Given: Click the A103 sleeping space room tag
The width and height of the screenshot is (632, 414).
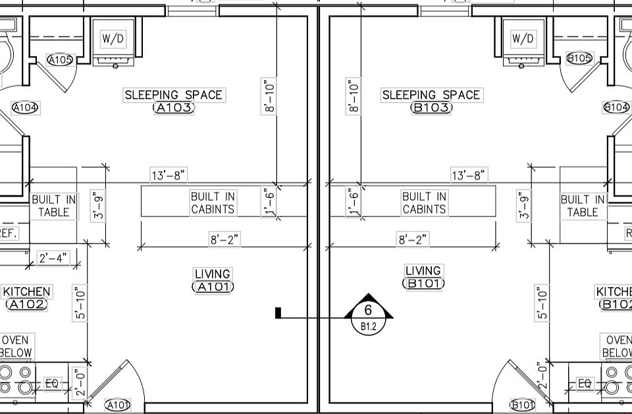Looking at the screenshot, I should point(174,108).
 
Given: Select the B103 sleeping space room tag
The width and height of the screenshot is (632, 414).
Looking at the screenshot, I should point(431,108).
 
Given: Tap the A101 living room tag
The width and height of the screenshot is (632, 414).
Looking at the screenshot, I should point(213,287).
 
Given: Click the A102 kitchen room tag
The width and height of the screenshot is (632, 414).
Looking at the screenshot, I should point(26,304).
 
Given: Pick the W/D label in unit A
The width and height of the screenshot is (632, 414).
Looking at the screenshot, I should point(113,39).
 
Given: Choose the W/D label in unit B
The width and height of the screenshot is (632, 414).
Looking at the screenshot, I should point(523,39).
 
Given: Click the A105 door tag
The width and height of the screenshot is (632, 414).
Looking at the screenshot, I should point(61,60).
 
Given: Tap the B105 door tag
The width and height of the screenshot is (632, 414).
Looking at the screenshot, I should point(580,58).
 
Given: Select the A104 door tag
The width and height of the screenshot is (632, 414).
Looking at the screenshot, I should point(25,107).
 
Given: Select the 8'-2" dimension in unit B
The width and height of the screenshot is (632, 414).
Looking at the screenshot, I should point(412,240).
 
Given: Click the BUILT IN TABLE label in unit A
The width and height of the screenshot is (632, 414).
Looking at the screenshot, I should point(54,205).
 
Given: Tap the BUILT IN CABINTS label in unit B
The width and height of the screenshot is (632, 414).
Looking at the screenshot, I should point(424,203).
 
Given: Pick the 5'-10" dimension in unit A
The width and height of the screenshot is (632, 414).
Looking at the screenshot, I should point(80,303).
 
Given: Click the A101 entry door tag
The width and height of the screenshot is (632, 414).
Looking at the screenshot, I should point(118,405).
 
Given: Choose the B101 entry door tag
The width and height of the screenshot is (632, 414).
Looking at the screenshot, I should point(523,404).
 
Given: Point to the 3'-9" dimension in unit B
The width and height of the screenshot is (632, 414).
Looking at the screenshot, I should point(525,205).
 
